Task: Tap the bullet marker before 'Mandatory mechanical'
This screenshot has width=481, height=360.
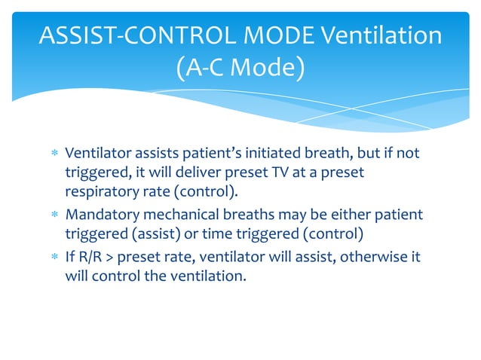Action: (x=53, y=215)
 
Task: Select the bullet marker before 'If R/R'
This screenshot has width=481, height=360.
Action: (x=53, y=257)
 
